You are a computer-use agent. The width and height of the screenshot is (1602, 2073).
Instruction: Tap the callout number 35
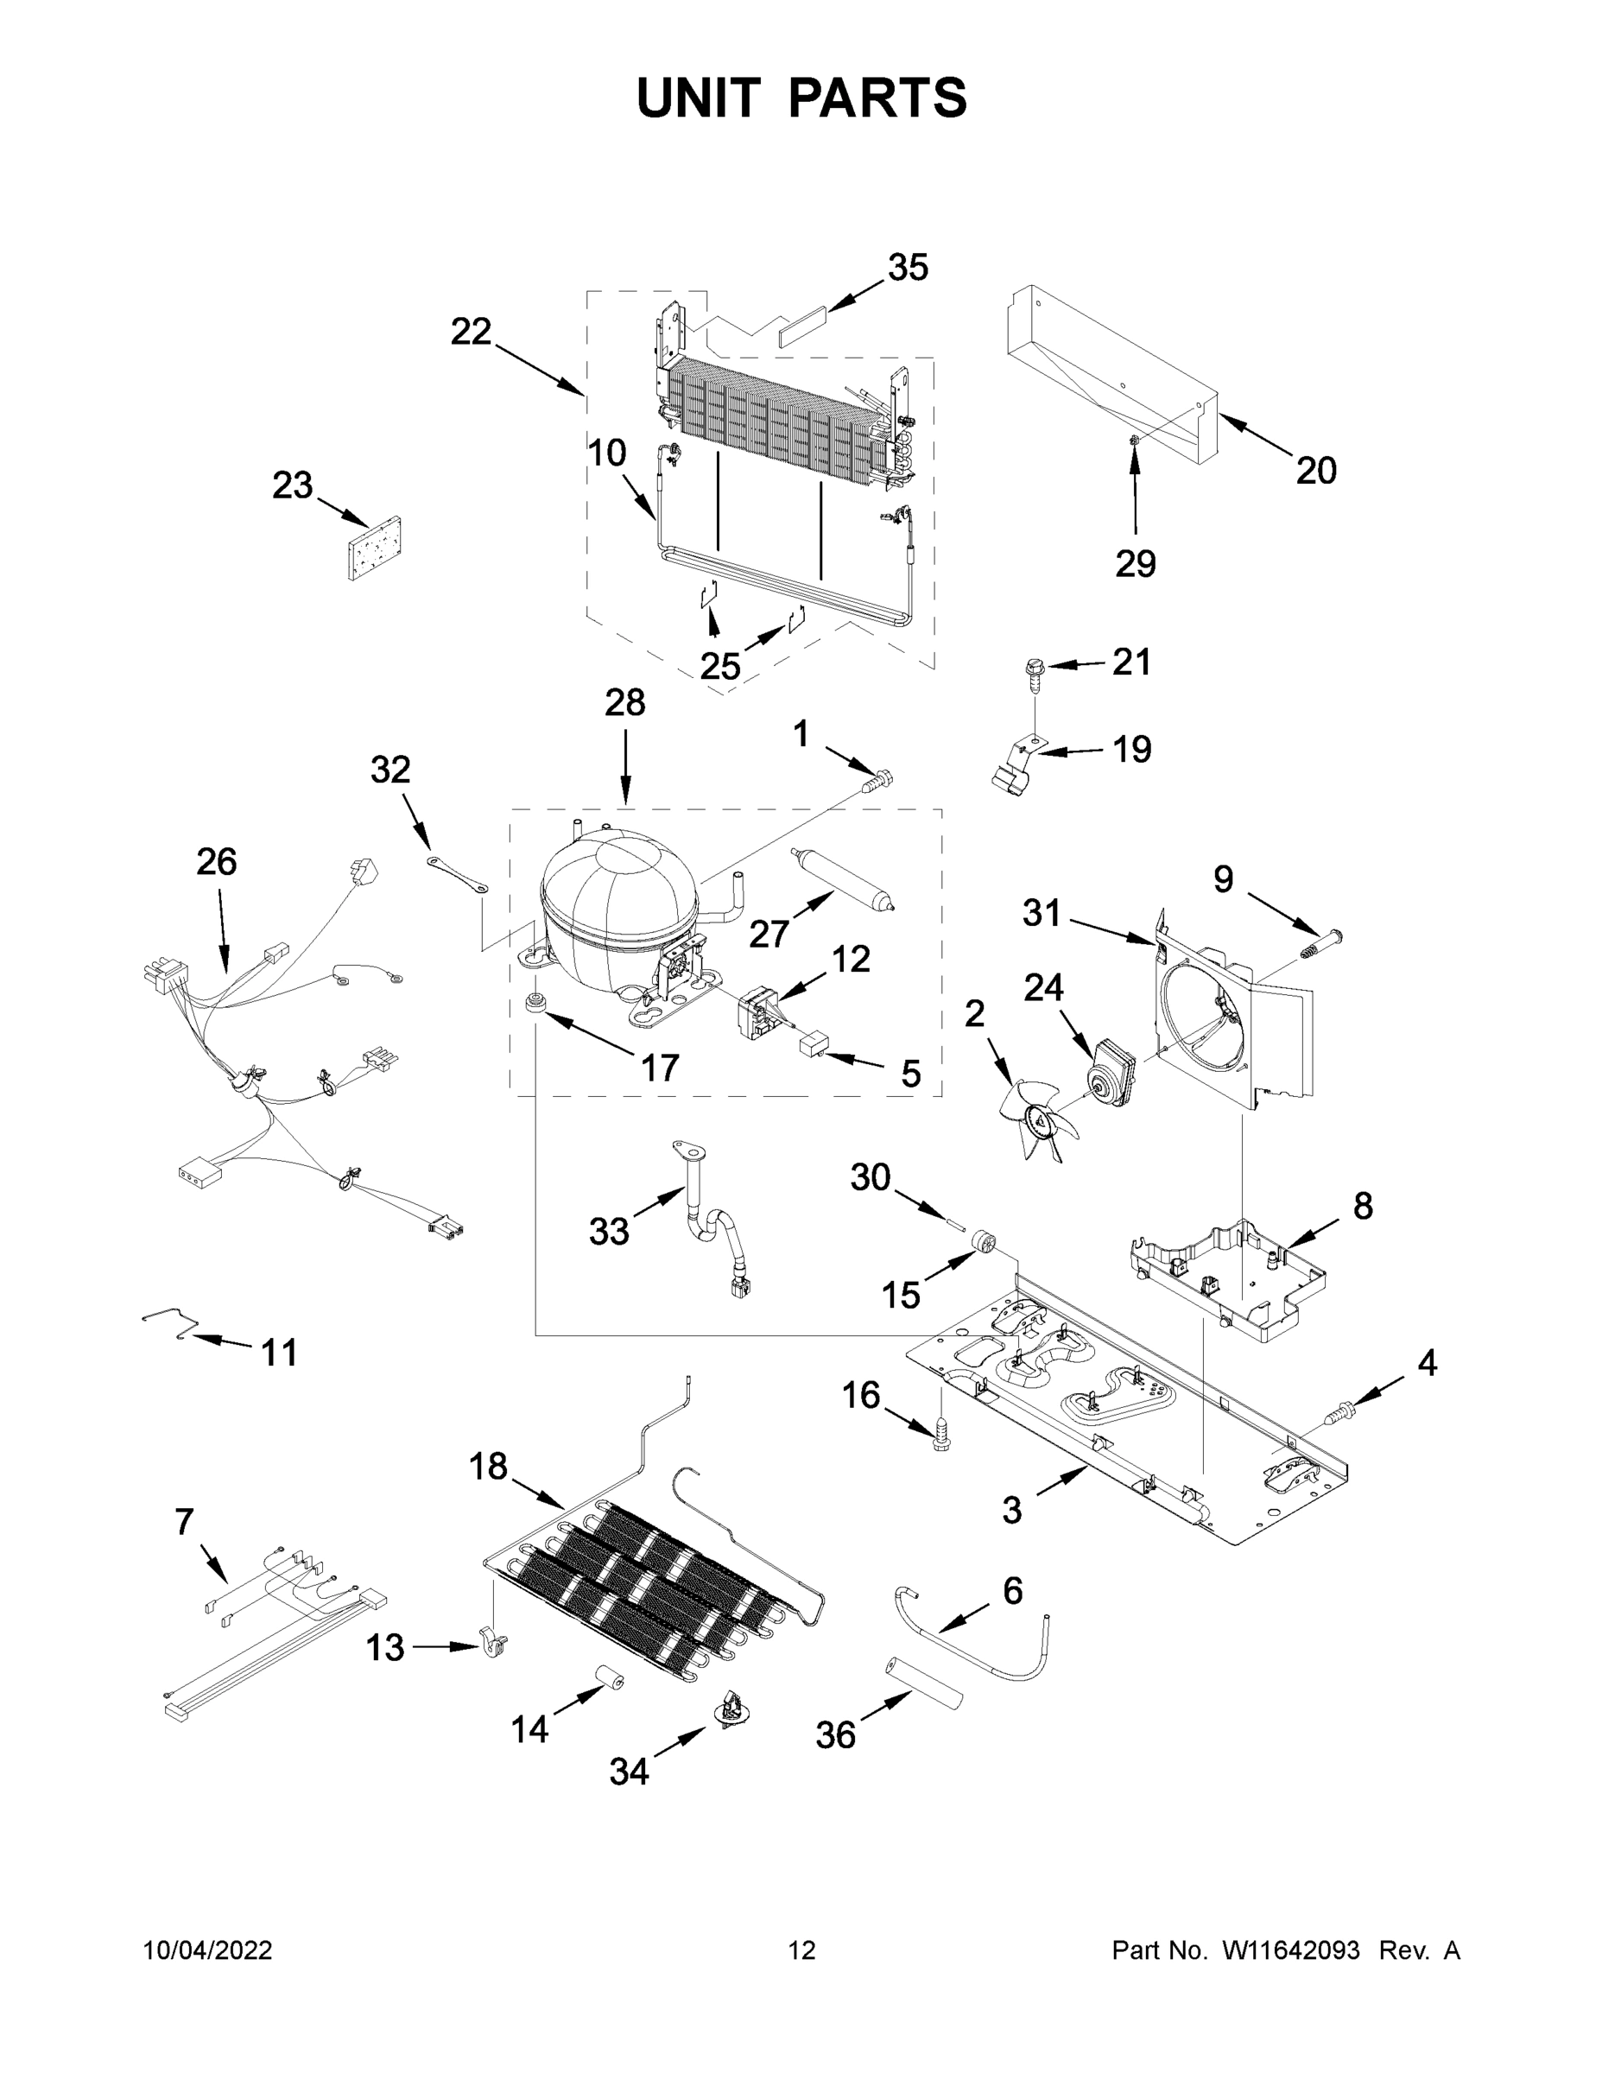tap(908, 268)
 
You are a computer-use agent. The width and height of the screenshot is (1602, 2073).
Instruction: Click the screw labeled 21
tap(1035, 670)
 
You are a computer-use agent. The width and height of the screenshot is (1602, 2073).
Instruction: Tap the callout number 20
tap(1315, 470)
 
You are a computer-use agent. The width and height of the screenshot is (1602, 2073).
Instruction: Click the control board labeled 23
tap(374, 548)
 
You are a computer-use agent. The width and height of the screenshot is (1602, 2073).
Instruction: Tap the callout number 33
tap(608, 1232)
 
